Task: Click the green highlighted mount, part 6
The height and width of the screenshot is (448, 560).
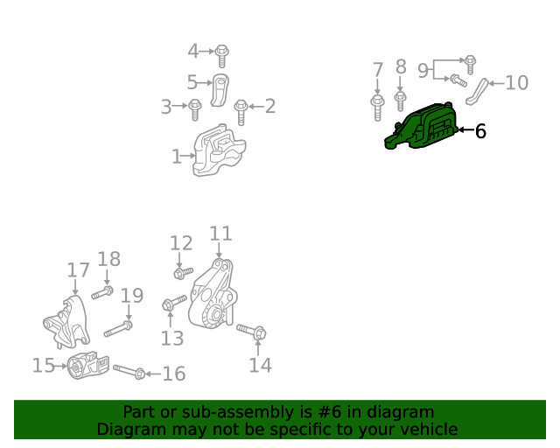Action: coord(422,128)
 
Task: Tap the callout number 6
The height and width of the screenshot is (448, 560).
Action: coord(480,131)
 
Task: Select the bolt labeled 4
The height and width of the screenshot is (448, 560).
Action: coord(221,56)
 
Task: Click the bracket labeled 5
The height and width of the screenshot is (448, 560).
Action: coord(220,90)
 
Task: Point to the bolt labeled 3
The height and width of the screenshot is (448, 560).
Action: coord(194,109)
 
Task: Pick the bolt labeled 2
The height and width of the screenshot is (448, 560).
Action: coord(241,112)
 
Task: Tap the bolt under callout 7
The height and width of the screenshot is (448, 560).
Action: coord(377,108)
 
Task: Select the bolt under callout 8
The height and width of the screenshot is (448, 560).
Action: coord(401,101)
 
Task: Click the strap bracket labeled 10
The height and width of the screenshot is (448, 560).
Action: coord(477,92)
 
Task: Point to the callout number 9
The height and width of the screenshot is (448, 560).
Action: coord(423,71)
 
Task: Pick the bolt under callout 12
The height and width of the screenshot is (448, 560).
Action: coord(183,273)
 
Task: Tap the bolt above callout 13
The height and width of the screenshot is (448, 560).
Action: coord(174,303)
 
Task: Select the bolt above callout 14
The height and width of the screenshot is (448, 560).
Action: coord(251,332)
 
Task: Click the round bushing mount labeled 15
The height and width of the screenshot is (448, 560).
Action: coord(88,365)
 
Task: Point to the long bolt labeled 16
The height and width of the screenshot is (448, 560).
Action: coord(129,372)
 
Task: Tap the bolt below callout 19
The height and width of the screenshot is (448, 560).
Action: coord(118,329)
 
